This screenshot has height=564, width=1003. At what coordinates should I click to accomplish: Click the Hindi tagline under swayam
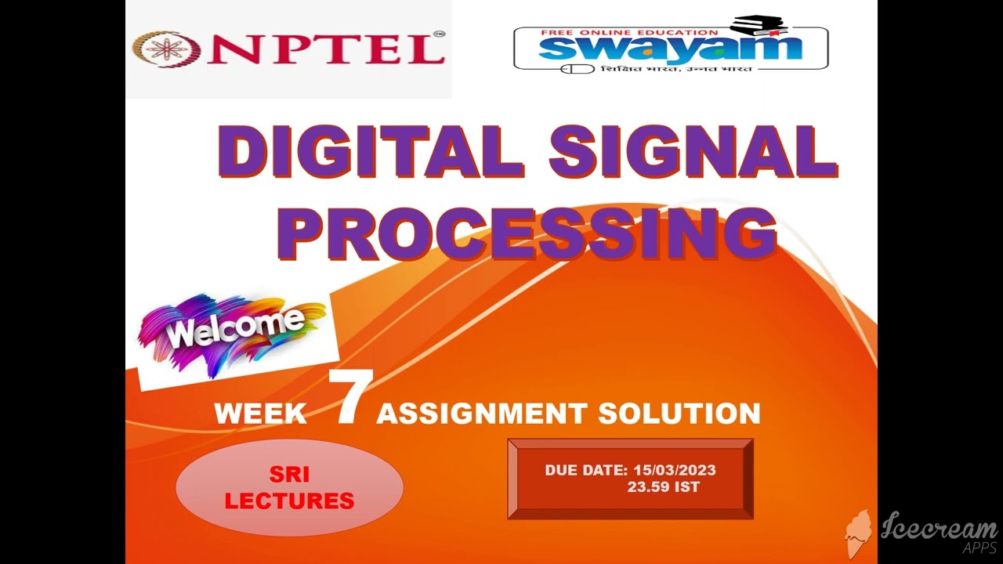point(676,68)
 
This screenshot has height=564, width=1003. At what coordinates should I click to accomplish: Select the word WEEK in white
point(260,414)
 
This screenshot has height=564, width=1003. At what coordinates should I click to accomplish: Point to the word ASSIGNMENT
point(481,413)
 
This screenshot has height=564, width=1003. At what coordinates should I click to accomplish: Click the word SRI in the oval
point(289,475)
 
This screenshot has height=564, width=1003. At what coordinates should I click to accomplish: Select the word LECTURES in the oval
point(289,500)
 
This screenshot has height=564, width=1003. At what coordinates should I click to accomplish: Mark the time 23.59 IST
point(663,486)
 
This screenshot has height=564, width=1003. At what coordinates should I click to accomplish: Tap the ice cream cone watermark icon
point(859,533)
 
